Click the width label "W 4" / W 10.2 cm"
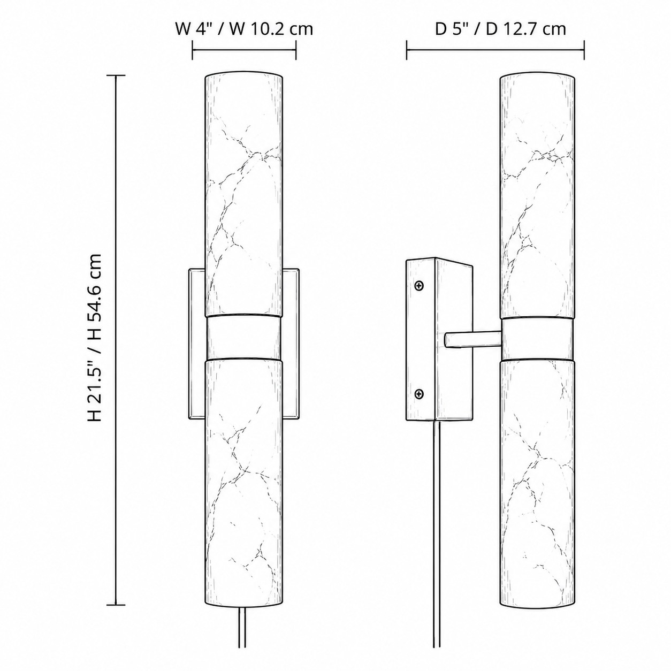(244, 29)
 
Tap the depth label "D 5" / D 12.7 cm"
(500, 29)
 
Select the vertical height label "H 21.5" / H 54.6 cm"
(94, 338)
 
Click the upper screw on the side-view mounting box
(420, 286)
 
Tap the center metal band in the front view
(244, 338)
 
